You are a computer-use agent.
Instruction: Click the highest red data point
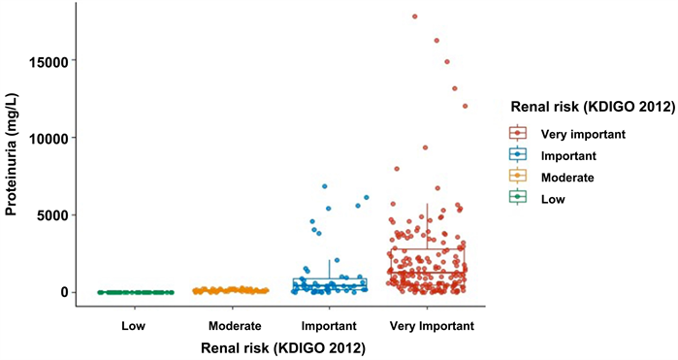415,16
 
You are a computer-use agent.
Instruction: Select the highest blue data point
324,186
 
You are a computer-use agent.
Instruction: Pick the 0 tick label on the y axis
64,293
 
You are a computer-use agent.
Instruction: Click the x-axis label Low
133,326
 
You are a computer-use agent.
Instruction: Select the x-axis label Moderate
235,326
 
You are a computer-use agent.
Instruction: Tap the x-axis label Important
329,326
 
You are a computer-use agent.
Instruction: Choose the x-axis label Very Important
432,326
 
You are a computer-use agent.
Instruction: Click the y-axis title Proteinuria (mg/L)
12,154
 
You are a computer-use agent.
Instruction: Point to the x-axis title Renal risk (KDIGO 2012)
283,348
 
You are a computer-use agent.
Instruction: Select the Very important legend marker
518,133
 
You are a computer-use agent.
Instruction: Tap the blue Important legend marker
518,154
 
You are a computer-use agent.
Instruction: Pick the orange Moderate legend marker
518,176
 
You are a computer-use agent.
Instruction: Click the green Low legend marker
518,197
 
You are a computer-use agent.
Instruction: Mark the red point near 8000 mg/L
397,169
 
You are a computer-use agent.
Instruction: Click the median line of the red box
428,272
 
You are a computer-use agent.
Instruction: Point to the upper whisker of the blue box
330,269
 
